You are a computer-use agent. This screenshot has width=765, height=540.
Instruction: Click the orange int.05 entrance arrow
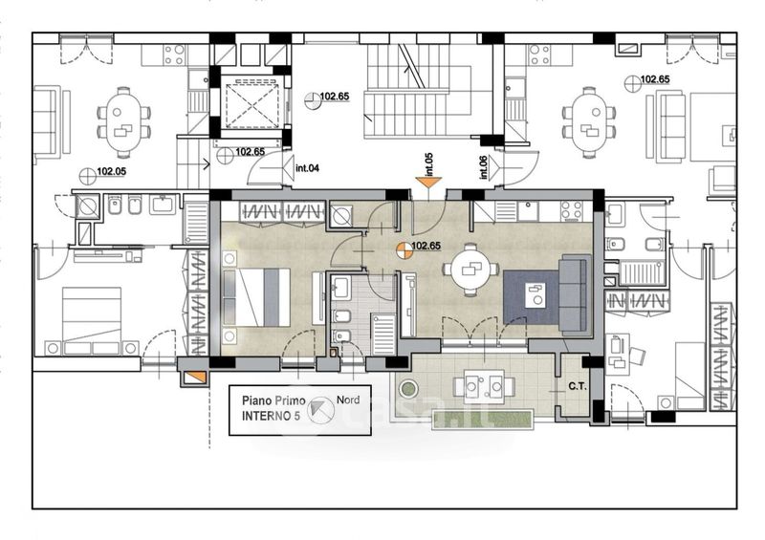coord(428,183)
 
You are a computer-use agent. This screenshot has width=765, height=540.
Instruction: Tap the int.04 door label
coord(307,168)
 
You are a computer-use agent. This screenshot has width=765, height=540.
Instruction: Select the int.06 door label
coord(484,167)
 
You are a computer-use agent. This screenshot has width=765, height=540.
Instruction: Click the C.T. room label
coord(578,387)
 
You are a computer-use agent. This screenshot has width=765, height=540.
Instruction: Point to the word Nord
coord(348,400)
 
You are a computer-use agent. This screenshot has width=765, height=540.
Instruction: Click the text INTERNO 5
coord(271,416)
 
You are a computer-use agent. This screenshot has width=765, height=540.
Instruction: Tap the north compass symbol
coord(322,409)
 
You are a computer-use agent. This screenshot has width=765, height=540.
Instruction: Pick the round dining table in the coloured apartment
coord(470,270)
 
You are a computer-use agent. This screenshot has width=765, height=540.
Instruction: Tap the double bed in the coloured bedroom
coord(257,297)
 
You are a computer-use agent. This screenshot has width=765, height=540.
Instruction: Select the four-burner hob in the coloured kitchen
coord(571,210)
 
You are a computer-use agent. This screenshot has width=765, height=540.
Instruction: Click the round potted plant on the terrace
coord(408,389)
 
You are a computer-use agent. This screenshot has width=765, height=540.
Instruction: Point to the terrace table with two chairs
coord(484,383)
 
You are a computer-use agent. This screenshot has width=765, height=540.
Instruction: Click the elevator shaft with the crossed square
coord(251,104)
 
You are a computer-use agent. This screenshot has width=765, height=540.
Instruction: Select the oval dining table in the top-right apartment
coord(589,122)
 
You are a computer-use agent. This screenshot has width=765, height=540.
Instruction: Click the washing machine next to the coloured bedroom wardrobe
coord(341,215)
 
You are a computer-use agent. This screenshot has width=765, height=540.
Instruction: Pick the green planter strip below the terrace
coord(483,420)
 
